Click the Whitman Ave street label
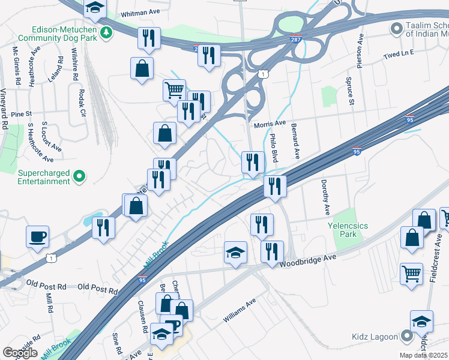point(140,12)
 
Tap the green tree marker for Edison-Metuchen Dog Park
point(107,32)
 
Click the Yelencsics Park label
point(348,230)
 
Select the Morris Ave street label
point(270,123)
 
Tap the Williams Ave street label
point(240,311)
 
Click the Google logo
point(20,353)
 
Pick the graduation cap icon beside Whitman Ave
point(94,7)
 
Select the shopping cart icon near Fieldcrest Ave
point(412,274)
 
